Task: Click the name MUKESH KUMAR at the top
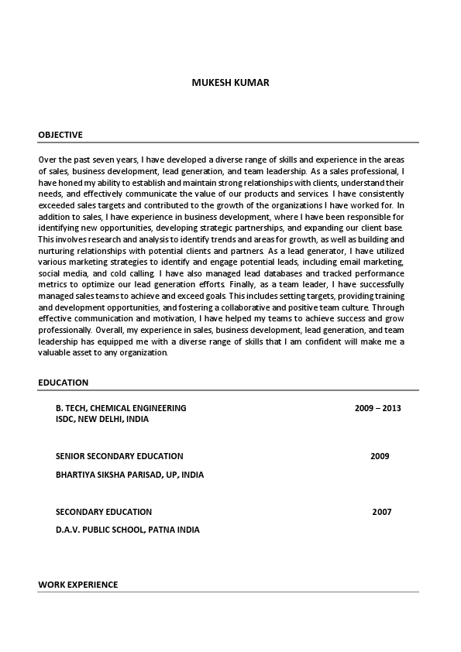(x=230, y=83)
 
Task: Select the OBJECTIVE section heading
(x=60, y=135)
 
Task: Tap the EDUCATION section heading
(x=63, y=383)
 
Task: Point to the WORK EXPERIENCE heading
(x=77, y=585)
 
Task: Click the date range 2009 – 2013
(x=377, y=407)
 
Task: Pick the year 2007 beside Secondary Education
(x=381, y=512)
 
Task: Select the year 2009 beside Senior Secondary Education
(x=380, y=456)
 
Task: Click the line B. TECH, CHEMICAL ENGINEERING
(x=121, y=407)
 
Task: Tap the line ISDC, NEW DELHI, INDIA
(x=102, y=419)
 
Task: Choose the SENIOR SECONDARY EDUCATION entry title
(x=119, y=456)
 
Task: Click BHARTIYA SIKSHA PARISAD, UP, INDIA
(x=129, y=475)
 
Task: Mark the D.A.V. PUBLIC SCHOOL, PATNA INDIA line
(x=127, y=530)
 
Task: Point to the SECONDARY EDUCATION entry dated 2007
(x=104, y=512)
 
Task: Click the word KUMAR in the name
(x=253, y=83)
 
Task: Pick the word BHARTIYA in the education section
(x=74, y=475)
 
